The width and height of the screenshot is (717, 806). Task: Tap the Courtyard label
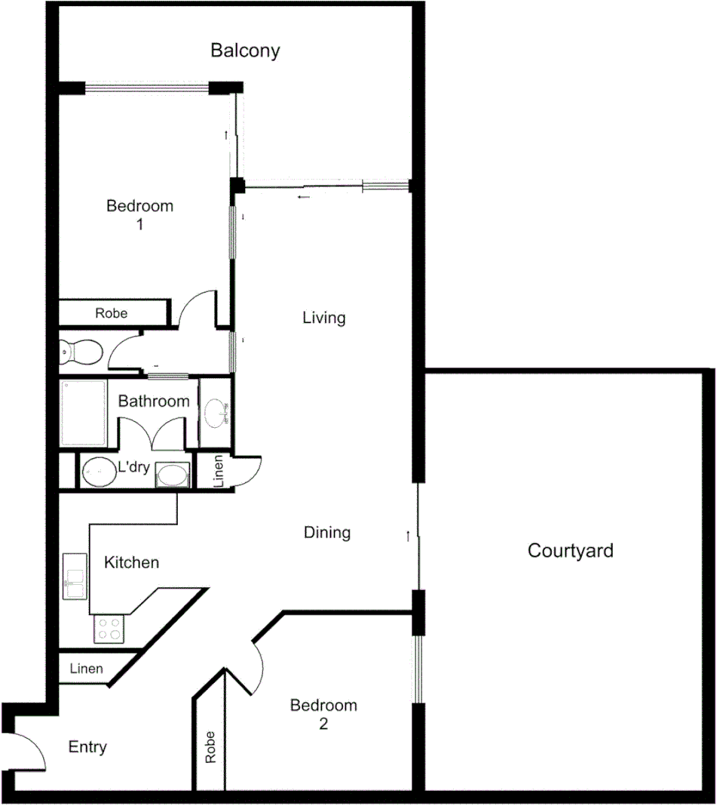570,550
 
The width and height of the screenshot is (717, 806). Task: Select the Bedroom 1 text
139,214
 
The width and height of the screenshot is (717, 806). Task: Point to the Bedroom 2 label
323,714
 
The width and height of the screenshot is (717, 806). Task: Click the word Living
323,318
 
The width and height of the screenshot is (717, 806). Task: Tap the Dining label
326,533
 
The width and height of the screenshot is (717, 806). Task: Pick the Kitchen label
131,562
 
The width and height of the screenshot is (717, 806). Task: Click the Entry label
87,747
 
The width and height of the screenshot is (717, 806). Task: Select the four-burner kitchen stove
109,629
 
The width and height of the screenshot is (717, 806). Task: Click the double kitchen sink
75,576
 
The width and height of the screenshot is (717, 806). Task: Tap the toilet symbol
80,351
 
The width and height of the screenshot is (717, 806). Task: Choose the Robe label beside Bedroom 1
111,312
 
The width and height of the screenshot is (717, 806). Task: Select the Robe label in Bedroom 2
210,747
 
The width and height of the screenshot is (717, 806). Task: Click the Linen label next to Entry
86,669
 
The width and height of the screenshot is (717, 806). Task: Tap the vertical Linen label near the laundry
217,472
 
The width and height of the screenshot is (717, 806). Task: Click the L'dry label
134,468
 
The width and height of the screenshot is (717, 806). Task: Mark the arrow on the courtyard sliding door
408,536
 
